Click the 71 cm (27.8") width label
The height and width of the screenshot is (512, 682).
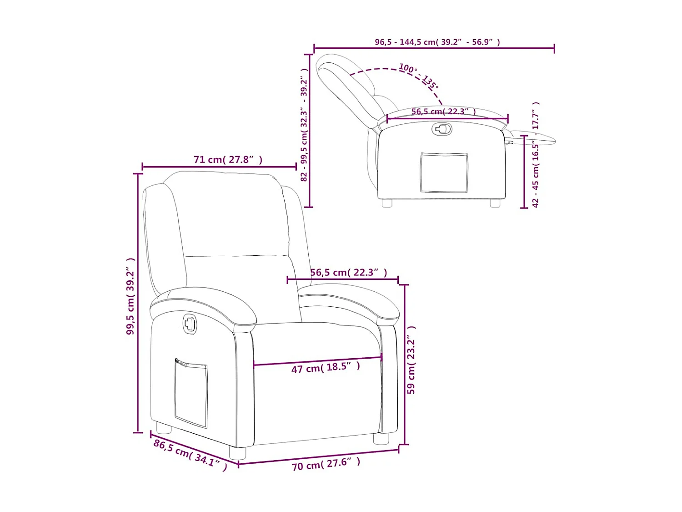(x=228, y=160)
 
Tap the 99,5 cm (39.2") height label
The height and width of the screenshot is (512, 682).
(x=131, y=296)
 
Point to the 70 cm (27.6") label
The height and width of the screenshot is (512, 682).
(x=326, y=464)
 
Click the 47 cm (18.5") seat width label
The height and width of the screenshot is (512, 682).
(x=326, y=367)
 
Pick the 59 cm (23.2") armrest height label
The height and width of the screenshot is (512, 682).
(x=411, y=360)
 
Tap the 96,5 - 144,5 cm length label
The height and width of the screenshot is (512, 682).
(x=437, y=42)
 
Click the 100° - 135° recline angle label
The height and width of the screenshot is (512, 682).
(x=419, y=76)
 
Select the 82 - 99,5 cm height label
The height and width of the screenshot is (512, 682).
(x=304, y=125)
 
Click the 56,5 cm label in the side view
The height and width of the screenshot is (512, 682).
(x=444, y=112)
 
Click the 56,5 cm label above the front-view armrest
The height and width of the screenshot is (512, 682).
(x=349, y=273)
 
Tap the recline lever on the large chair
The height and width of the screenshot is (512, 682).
(x=190, y=324)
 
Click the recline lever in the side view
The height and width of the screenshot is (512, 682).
(x=441, y=129)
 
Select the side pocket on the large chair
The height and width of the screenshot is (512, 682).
(x=191, y=393)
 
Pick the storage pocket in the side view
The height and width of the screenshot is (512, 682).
(x=444, y=172)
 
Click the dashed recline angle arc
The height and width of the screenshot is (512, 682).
(x=386, y=70)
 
